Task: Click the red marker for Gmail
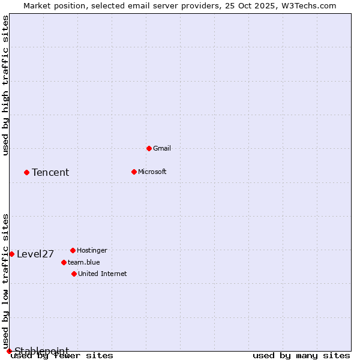149,148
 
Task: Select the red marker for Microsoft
134,172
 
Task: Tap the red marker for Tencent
26,172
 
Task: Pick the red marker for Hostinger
73,250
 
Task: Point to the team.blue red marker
64,262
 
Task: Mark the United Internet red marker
74,274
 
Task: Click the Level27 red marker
11,254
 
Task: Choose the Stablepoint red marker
9,351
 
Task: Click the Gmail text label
162,148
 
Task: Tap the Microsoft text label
152,172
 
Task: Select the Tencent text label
50,173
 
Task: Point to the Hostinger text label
92,250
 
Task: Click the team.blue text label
84,262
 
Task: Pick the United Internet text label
103,274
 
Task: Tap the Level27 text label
35,254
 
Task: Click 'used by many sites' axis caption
301,356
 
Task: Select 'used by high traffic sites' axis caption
6,85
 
